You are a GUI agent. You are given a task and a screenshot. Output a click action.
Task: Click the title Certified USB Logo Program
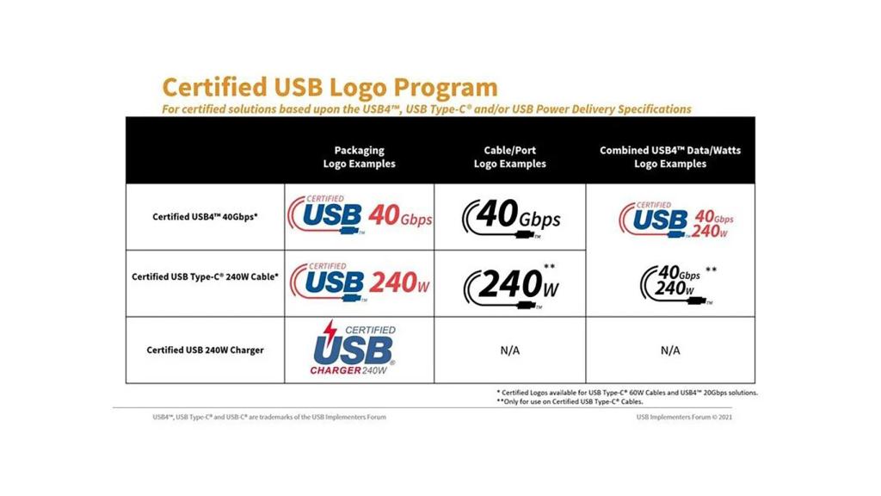[x=330, y=87]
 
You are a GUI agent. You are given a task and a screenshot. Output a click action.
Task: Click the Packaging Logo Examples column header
[x=359, y=157]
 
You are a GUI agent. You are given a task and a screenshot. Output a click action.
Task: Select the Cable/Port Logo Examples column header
[x=509, y=157]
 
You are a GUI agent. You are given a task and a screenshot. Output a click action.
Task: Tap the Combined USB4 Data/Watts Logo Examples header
[x=670, y=157]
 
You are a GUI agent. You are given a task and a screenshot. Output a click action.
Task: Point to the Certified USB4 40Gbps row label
[x=205, y=216]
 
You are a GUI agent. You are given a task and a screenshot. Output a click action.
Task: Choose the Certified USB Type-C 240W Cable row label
[x=205, y=277]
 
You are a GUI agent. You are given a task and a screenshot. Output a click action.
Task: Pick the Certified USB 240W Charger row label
[x=205, y=350]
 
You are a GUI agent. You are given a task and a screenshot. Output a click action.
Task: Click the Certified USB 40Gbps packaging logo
[x=360, y=216]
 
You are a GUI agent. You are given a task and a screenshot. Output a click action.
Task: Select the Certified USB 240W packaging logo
[x=360, y=281]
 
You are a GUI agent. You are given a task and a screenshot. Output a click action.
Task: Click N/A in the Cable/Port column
[x=509, y=350]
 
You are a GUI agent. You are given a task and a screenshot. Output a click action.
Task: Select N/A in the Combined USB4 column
[x=670, y=350]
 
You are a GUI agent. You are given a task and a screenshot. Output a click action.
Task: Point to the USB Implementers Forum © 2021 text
[x=684, y=417]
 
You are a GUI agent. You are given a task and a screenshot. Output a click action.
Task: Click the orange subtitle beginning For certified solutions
[x=426, y=109]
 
